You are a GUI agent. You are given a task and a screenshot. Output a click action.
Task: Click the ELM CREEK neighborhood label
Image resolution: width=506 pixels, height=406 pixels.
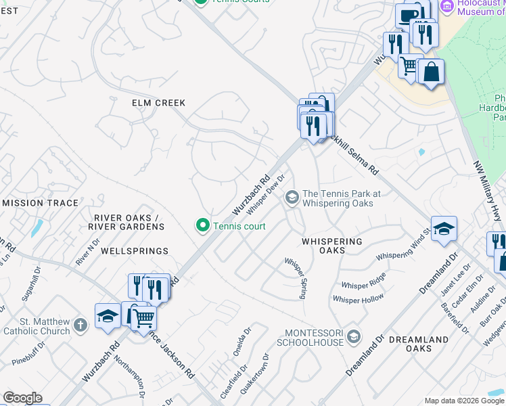158,103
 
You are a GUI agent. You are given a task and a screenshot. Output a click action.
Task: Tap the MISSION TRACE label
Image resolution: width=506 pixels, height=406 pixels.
41,203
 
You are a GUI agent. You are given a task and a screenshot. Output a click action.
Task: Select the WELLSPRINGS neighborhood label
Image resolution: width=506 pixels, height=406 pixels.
134,251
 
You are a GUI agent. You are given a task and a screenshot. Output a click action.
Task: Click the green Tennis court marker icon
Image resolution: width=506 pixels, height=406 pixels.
202,226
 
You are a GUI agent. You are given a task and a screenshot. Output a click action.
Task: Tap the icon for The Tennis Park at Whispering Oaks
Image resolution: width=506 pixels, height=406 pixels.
292,198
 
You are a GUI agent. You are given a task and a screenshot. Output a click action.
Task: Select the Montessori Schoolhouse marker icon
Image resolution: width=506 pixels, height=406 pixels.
352,336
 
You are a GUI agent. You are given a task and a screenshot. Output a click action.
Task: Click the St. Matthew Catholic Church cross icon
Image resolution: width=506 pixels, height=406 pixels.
80,325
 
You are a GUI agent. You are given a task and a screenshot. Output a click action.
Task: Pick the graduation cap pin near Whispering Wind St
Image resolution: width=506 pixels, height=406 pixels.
444,229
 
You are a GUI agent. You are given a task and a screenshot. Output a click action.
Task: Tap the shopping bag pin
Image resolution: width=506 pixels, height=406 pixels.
431,72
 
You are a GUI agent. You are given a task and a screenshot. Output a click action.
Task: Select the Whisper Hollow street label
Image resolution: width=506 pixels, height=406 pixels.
358,298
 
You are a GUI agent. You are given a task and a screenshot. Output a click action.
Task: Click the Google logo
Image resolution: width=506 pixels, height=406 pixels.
22,398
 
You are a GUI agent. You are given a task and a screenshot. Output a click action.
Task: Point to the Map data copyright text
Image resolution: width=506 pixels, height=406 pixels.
463,401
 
